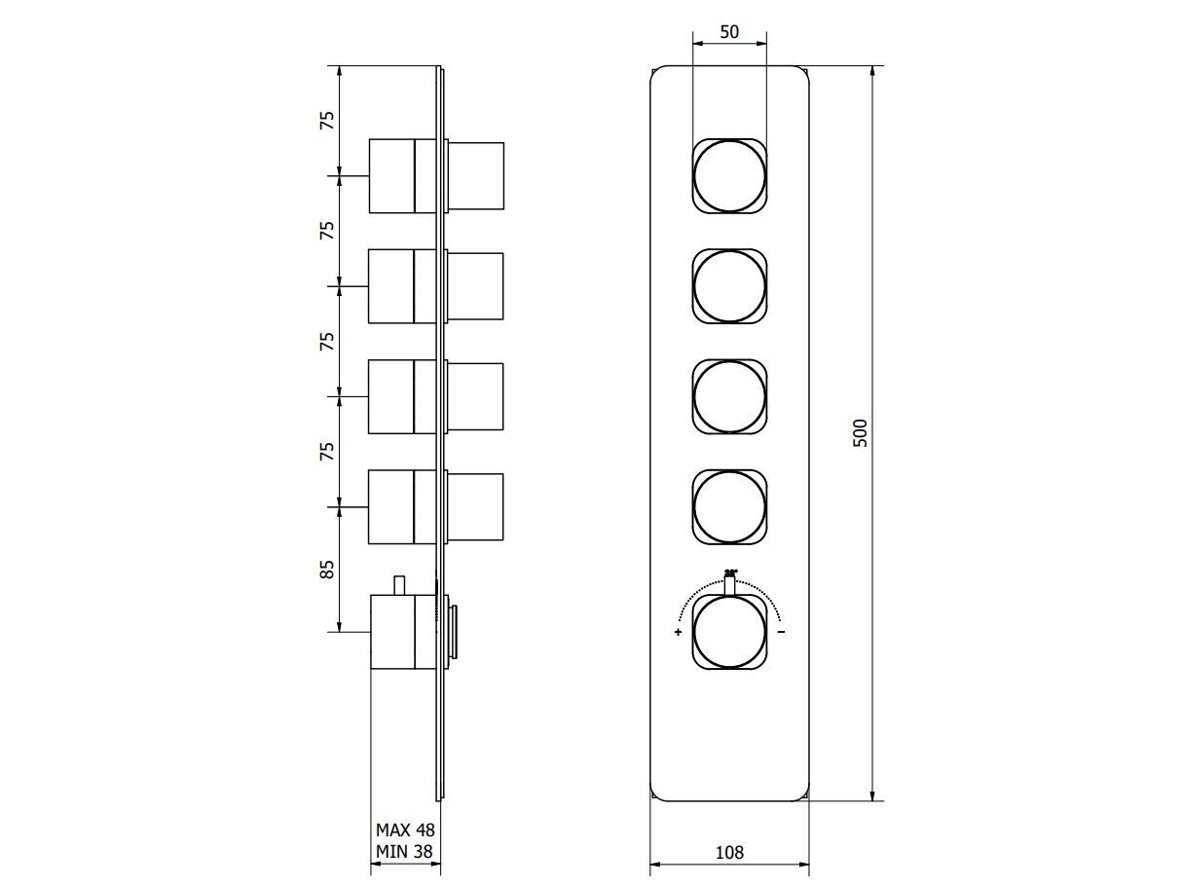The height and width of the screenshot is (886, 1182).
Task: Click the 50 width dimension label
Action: pyautogui.click(x=729, y=31)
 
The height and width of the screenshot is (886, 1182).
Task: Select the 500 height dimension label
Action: pyautogui.click(x=860, y=432)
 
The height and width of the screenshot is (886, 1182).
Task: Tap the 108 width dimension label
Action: pyautogui.click(x=729, y=852)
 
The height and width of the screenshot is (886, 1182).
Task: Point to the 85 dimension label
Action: pyautogui.click(x=328, y=569)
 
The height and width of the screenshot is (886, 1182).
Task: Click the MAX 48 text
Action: pyautogui.click(x=405, y=831)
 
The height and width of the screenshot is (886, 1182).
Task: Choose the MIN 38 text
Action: pyautogui.click(x=405, y=852)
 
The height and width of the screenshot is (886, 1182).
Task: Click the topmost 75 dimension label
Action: pyautogui.click(x=328, y=121)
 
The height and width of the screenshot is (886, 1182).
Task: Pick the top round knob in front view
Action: pyautogui.click(x=729, y=176)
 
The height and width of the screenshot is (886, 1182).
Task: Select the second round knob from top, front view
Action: pyautogui.click(x=729, y=286)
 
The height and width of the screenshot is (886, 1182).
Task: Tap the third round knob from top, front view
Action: pyautogui.click(x=729, y=396)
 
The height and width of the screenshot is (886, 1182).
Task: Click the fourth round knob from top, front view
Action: pyautogui.click(x=729, y=506)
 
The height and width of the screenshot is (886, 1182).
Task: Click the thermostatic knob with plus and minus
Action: pyautogui.click(x=729, y=632)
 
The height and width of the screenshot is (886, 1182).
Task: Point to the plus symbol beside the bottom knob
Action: pyautogui.click(x=678, y=633)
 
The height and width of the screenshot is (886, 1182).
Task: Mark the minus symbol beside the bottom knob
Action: pyautogui.click(x=782, y=633)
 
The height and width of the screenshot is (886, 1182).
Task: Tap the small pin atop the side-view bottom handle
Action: pyautogui.click(x=397, y=584)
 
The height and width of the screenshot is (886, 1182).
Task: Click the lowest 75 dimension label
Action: pyautogui.click(x=328, y=451)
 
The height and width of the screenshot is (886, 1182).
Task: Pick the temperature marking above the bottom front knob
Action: pyautogui.click(x=730, y=573)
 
